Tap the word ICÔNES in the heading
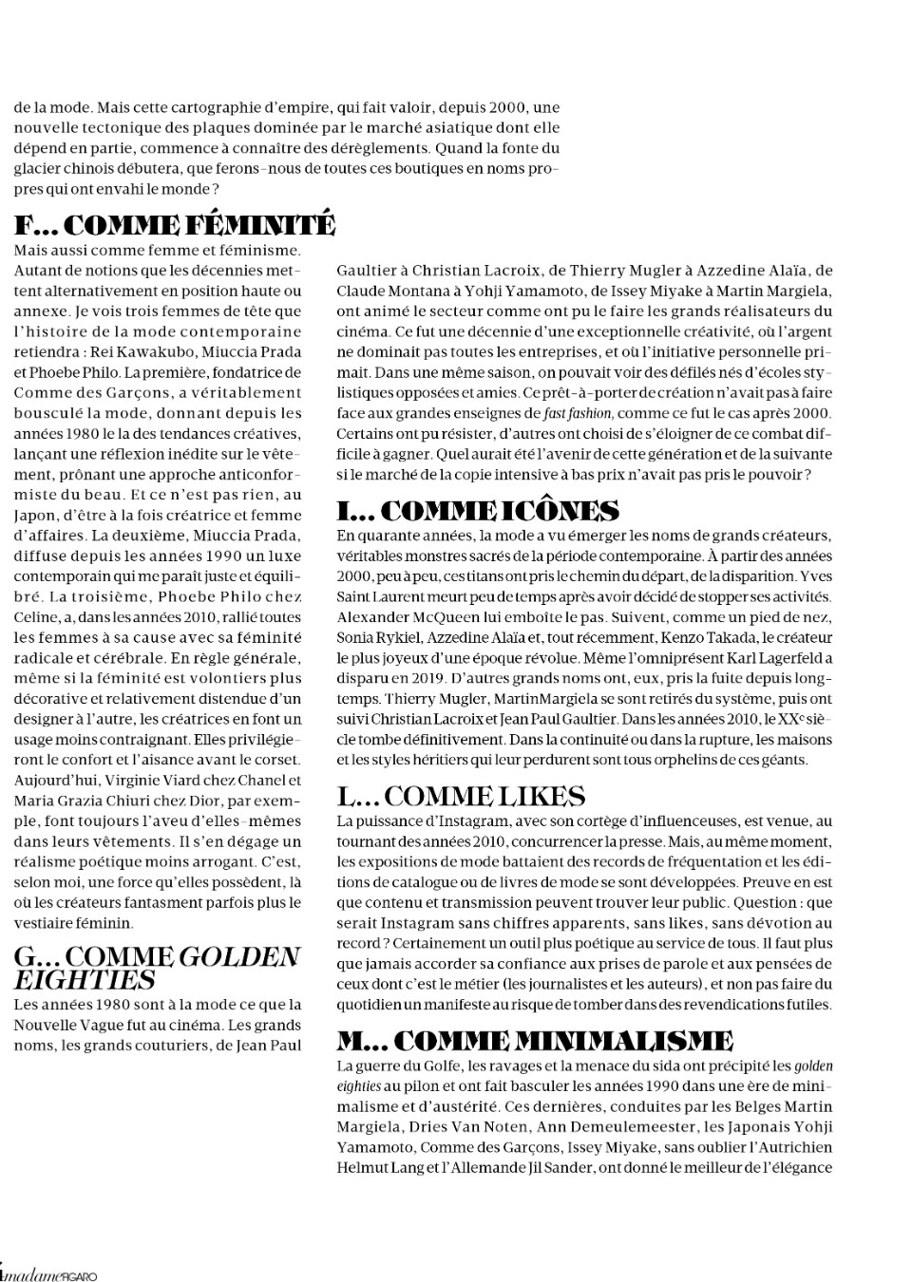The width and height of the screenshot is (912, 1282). click(560, 511)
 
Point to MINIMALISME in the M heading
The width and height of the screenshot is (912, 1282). click(623, 1040)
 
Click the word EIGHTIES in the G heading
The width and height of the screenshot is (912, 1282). click(85, 980)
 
